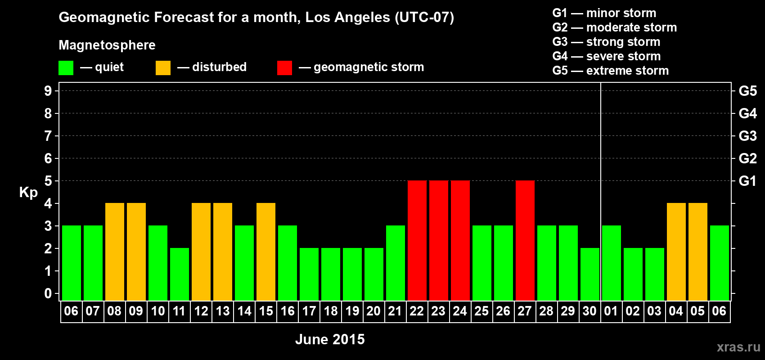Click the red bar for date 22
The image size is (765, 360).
pyautogui.click(x=417, y=240)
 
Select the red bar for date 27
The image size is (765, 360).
pyautogui.click(x=525, y=240)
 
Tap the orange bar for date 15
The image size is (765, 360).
pyautogui.click(x=265, y=252)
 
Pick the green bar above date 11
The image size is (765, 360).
pyautogui.click(x=179, y=274)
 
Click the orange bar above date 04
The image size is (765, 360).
pyautogui.click(x=676, y=252)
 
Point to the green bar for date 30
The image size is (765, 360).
pyautogui.click(x=589, y=274)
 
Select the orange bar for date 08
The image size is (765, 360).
pyautogui.click(x=114, y=252)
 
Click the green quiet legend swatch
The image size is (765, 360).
pyautogui.click(x=66, y=68)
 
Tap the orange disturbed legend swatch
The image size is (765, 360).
pyautogui.click(x=163, y=68)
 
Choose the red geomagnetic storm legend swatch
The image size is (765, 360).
pyautogui.click(x=284, y=68)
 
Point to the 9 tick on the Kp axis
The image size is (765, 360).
pyautogui.click(x=48, y=91)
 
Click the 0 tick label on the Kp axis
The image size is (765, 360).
pyautogui.click(x=48, y=293)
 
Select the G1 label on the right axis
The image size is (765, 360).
pyautogui.click(x=747, y=181)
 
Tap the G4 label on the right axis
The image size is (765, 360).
pyautogui.click(x=747, y=113)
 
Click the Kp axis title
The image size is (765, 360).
pyautogui.click(x=28, y=192)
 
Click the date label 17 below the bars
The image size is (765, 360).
pyautogui.click(x=309, y=311)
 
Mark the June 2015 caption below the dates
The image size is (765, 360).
pyautogui.click(x=330, y=339)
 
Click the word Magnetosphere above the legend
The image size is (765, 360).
pyautogui.click(x=107, y=45)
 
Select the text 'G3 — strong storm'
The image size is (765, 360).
pyautogui.click(x=606, y=42)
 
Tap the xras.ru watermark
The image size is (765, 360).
pyautogui.click(x=738, y=346)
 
